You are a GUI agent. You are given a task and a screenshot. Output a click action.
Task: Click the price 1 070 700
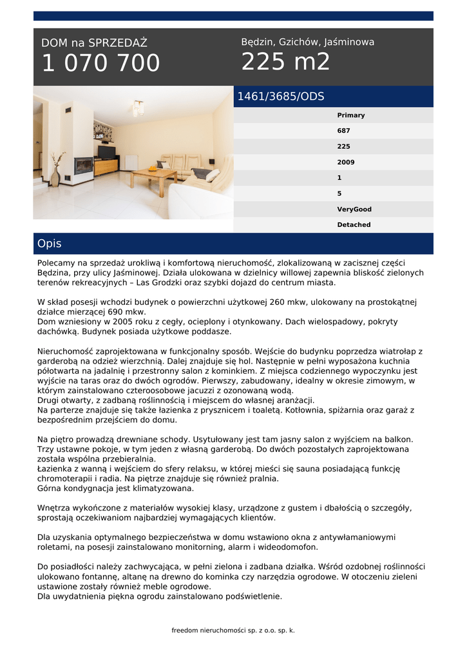click(x=100, y=64)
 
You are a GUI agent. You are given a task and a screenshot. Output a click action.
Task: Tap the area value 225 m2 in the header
click(x=285, y=63)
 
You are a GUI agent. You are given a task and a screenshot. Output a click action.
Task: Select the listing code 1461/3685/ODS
click(x=281, y=97)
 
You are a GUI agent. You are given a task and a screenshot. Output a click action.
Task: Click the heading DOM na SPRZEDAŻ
click(x=95, y=43)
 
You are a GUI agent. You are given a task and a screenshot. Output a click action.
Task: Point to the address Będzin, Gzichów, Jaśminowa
click(x=307, y=42)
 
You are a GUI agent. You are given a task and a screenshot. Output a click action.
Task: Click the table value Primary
click(x=351, y=115)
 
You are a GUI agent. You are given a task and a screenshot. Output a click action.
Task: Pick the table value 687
click(x=344, y=131)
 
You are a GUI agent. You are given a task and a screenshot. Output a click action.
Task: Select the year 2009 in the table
click(x=346, y=162)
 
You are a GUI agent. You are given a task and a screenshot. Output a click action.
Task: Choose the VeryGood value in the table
click(x=354, y=209)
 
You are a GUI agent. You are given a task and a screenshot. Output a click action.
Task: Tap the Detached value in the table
click(x=354, y=225)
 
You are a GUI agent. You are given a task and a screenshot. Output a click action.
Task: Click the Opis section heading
click(x=50, y=244)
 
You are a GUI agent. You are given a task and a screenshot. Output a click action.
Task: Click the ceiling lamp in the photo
click(x=138, y=108)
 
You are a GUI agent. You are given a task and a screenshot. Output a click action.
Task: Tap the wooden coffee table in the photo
click(x=153, y=177)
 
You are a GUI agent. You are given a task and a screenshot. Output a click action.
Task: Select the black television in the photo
click(x=107, y=153)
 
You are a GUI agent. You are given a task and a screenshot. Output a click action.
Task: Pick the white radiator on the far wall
click(x=131, y=162)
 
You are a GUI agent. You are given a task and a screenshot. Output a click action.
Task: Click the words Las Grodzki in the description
click(x=173, y=283)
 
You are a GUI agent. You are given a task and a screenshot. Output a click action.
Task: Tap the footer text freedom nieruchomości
click(x=233, y=630)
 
